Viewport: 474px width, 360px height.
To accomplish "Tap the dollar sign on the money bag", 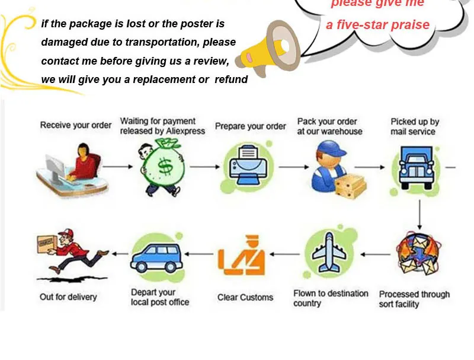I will coord(165,168).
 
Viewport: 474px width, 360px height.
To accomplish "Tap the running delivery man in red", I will coord(71,252).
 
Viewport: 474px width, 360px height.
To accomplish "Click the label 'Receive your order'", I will coord(75,126).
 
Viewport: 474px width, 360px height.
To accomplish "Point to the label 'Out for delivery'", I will coord(68,297).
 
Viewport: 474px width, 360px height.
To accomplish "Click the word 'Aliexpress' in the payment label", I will coord(186,131).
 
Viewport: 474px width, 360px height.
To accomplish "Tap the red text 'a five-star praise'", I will coord(377,25).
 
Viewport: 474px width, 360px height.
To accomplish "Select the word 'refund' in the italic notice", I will coord(231,79).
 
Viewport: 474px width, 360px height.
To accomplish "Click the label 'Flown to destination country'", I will coord(331,298).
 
